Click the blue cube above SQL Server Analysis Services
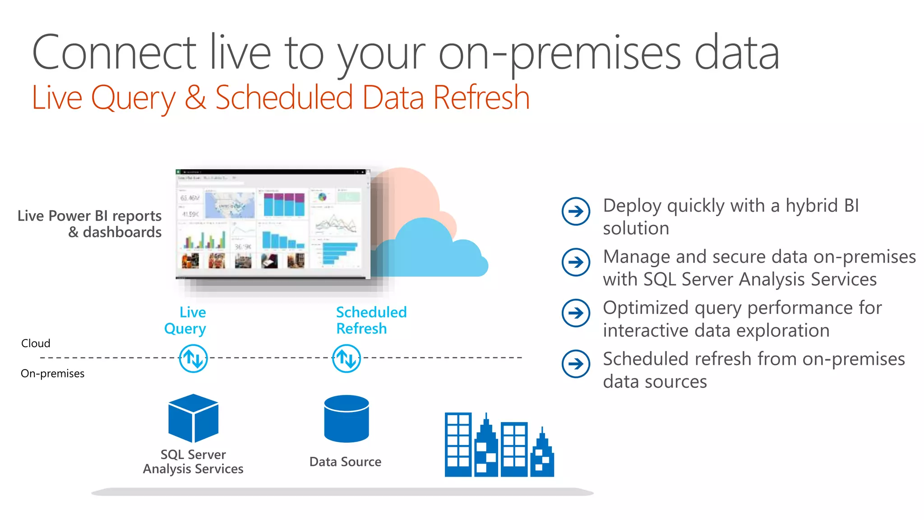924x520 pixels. point(193,418)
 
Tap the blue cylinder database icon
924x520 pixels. point(346,419)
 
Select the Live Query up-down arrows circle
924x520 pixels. point(193,358)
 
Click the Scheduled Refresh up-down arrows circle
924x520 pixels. point(346,358)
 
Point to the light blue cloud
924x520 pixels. point(433,253)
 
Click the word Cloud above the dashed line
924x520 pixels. point(36,344)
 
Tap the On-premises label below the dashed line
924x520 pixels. point(52,374)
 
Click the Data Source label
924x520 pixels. point(345,462)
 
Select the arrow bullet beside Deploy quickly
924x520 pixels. point(576,211)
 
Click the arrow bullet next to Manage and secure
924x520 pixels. point(576,262)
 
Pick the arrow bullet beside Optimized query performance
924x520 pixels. point(576,313)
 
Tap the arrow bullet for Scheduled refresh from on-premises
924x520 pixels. point(576,364)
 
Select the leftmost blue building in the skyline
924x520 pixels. point(458,445)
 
